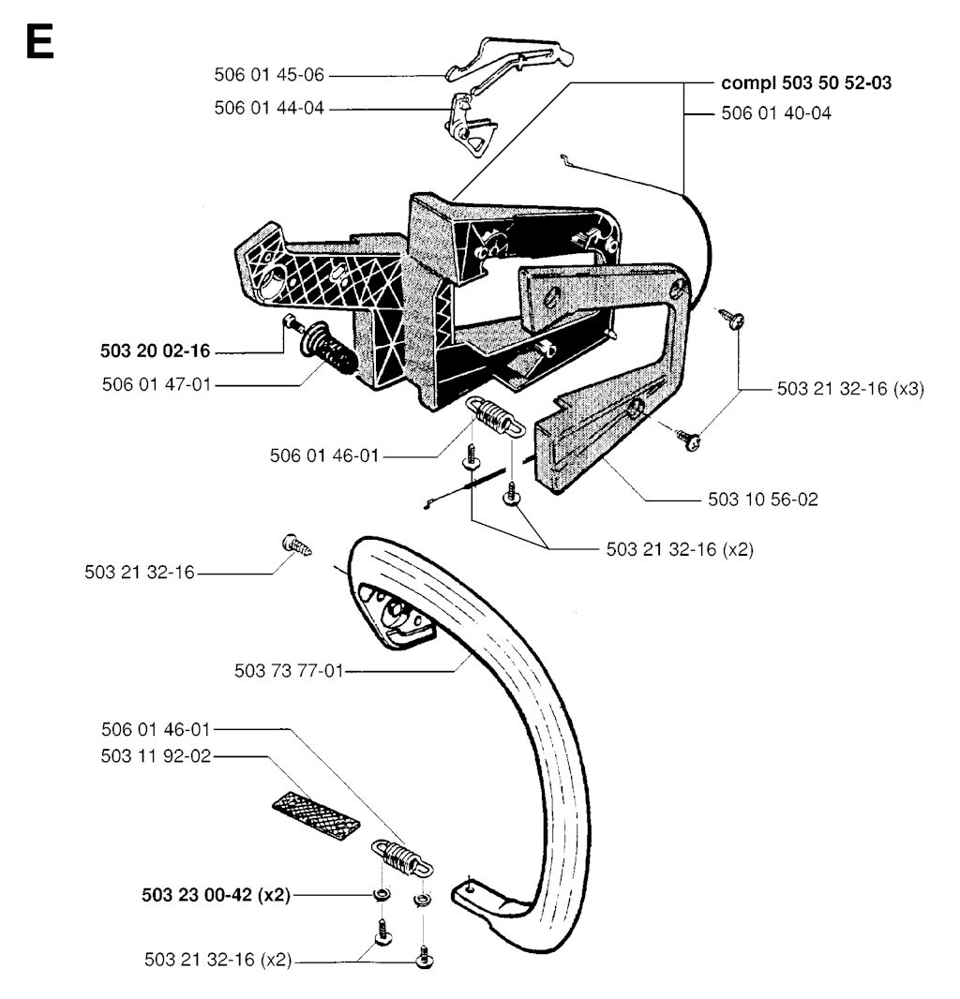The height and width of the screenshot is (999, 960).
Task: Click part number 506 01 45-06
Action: coord(269,75)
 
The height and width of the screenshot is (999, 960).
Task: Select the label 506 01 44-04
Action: coord(269,109)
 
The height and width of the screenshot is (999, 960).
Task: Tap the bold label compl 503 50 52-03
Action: coord(806,82)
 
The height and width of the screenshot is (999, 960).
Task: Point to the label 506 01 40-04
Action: coord(776,113)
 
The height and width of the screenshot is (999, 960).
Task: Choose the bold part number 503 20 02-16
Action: coord(156,351)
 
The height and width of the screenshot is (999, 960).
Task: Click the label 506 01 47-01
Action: coord(157,385)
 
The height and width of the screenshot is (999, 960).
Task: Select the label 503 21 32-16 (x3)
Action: coord(850,389)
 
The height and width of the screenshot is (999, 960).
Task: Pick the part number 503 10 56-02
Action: coord(763,499)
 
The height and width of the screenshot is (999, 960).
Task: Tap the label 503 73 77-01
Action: coord(290,671)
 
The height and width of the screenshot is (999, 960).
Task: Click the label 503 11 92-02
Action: coord(157,756)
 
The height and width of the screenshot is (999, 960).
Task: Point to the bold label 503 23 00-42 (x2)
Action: coord(217,895)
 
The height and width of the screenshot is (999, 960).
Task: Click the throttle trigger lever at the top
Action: coord(510,59)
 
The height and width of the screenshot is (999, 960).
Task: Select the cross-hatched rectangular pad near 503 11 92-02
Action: coord(316,817)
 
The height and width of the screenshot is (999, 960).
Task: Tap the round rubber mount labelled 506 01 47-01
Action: coord(327,350)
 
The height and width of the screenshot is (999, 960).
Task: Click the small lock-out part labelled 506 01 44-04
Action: coord(469,123)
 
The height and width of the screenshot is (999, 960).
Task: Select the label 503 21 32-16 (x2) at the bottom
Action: coord(218,960)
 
